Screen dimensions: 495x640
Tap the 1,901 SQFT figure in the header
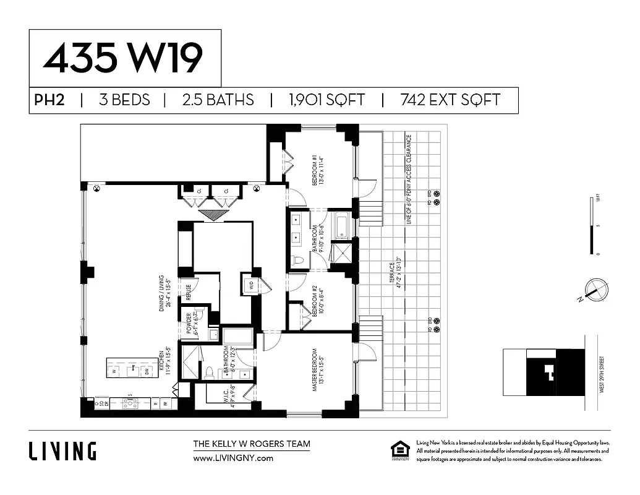point(326,100)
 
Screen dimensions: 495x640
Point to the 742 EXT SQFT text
point(450,100)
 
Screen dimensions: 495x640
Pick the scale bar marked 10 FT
point(598,226)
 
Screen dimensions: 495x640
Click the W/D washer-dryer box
point(251,285)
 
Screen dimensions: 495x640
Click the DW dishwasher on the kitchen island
point(147,371)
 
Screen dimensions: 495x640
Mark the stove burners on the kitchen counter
point(132,403)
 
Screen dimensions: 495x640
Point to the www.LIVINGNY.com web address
point(233,458)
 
